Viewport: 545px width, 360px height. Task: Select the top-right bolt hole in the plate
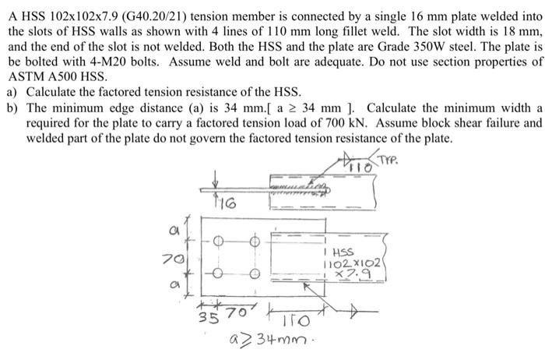pyautogui.click(x=254, y=242)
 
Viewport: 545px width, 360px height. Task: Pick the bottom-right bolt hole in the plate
pyautogui.click(x=254, y=274)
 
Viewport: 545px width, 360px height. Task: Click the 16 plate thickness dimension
pyautogui.click(x=223, y=205)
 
